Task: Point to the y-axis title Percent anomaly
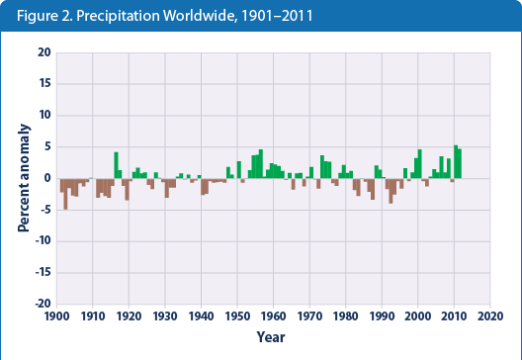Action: tap(22, 178)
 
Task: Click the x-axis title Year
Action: tap(272, 336)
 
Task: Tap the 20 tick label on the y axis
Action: tap(43, 51)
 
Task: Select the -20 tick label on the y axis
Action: tap(42, 304)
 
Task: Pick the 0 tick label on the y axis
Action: tap(46, 178)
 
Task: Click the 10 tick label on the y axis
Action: tap(43, 115)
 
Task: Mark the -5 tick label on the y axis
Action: tap(44, 210)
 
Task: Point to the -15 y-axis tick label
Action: tap(42, 272)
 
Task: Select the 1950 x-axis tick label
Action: tap(237, 316)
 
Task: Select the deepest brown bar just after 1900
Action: tap(65, 194)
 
